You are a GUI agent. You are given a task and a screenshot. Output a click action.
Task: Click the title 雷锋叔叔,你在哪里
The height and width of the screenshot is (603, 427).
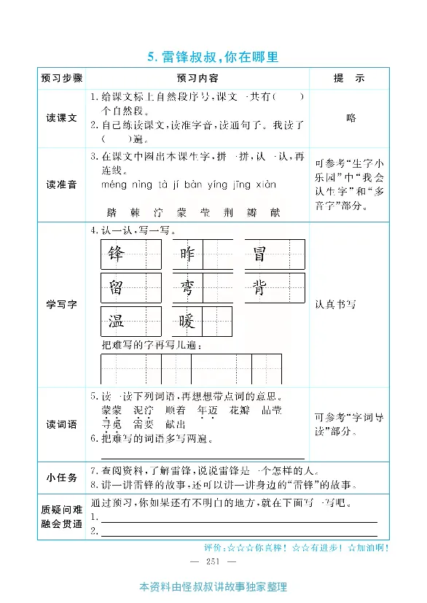point(213,56)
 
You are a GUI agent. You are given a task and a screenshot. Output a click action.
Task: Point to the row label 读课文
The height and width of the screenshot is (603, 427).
point(62,118)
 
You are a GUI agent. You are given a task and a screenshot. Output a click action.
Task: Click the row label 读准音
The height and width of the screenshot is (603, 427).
point(62,184)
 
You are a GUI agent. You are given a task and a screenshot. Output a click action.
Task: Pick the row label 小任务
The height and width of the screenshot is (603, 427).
point(62,478)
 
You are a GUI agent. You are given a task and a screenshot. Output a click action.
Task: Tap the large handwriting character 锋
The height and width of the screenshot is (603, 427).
point(116,254)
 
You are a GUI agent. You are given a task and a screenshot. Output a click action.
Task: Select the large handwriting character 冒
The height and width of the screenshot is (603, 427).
point(259,254)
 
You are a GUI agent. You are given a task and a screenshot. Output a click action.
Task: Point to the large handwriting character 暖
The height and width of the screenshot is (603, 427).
point(187,321)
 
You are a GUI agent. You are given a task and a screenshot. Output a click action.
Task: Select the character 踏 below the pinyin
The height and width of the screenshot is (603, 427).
point(111,212)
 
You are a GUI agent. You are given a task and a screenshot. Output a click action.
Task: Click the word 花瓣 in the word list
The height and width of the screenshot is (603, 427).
point(240,410)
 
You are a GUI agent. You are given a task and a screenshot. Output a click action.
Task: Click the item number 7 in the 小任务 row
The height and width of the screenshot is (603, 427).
point(94,470)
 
